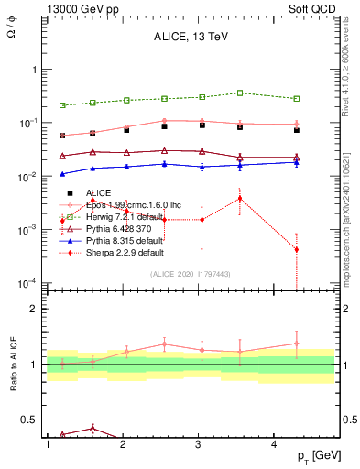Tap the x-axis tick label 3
(199, 443)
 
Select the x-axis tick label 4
(275, 443)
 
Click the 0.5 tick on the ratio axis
(30, 420)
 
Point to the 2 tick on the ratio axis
(35, 309)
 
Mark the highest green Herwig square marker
(240, 93)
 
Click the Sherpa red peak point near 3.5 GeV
(240, 198)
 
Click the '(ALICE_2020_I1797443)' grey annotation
(190, 274)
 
